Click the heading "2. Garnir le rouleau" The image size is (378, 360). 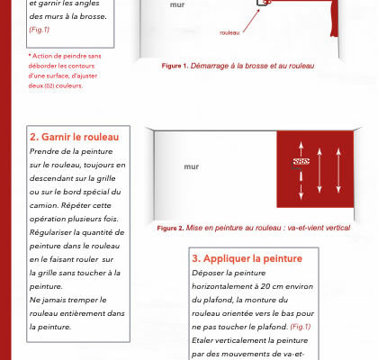coord(74,137)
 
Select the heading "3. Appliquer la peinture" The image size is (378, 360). coord(247,258)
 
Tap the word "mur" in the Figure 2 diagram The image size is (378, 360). coord(192,166)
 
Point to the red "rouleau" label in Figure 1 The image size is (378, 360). coord(229,32)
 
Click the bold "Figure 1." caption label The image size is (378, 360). coord(175,66)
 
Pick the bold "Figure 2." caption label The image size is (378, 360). coord(170,228)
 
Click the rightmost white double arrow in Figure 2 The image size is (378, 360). coord(338,170)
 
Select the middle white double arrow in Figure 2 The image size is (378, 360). coord(319,170)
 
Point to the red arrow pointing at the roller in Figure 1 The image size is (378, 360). coord(251,21)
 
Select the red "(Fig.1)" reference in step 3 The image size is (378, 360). coord(301,327)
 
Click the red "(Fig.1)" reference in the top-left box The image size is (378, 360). coord(39,30)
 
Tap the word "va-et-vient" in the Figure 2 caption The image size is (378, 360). coord(303,228)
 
